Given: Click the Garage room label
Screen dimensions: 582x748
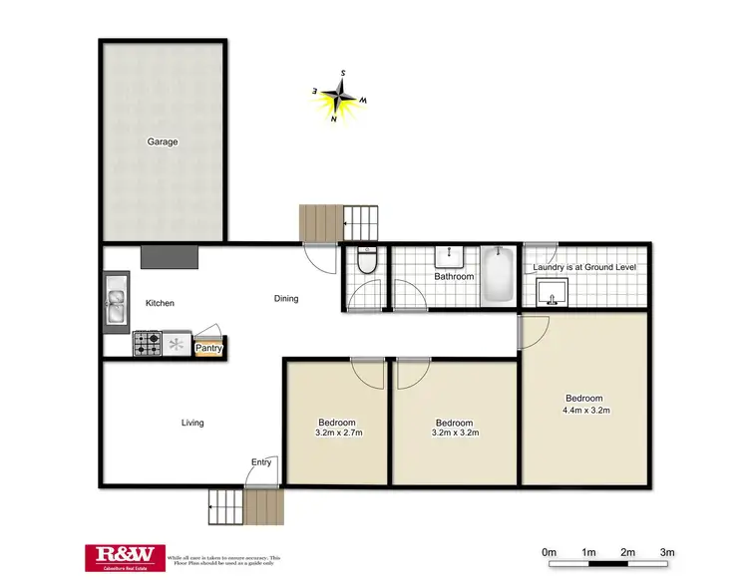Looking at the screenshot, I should (163, 142).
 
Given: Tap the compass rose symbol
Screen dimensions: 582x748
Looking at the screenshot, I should (341, 96).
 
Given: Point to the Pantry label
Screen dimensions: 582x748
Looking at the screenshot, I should (209, 348).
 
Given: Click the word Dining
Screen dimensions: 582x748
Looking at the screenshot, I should (286, 298).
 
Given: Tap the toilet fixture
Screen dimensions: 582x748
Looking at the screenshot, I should (366, 262).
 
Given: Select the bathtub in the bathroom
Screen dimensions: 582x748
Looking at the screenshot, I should (498, 278).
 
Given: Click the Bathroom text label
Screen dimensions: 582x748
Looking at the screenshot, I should (453, 277).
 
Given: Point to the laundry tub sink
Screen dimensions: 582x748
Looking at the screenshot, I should (552, 292).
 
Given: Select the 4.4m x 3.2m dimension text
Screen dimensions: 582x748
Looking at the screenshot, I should (585, 409).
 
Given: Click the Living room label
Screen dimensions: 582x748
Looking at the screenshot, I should (192, 423).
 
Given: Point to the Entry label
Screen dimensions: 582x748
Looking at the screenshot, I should (261, 461).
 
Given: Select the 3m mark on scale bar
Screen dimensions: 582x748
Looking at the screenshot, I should (668, 551).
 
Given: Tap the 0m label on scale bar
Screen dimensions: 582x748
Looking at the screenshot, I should (548, 551).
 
